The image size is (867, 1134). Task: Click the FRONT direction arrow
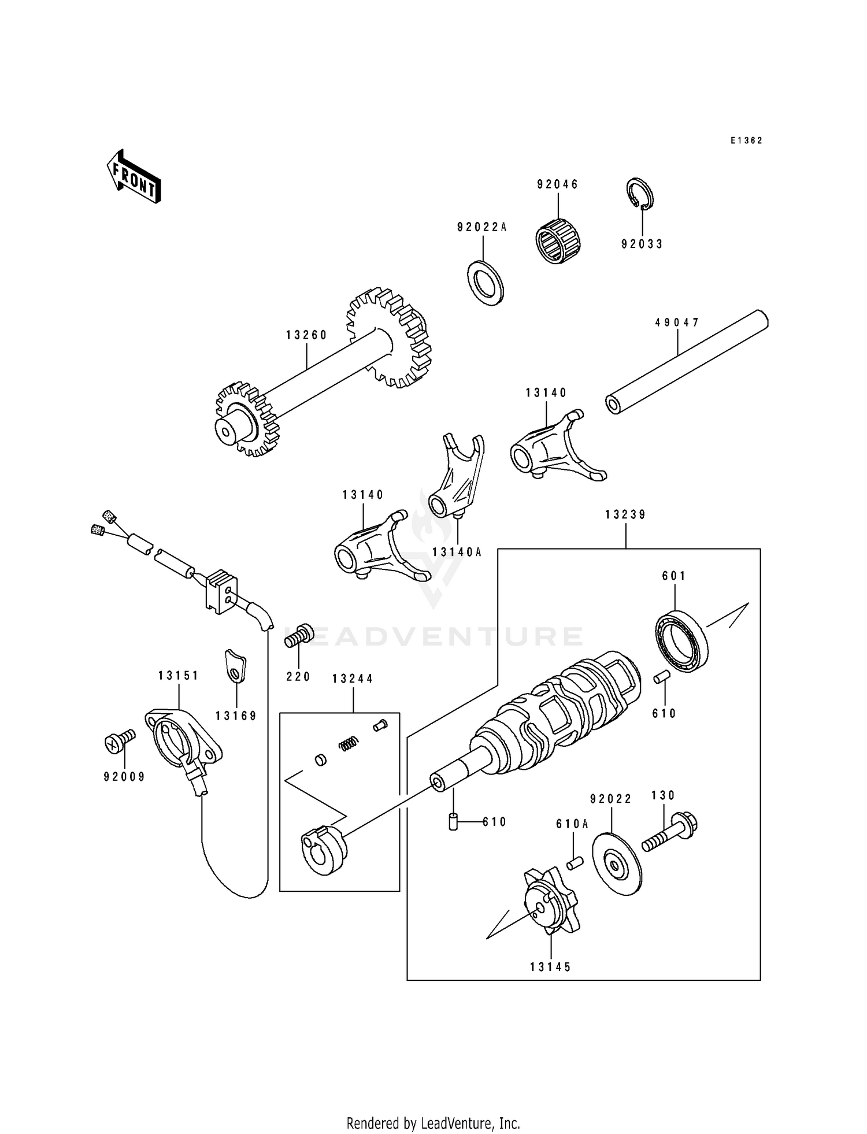133,176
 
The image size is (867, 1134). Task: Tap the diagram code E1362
746,140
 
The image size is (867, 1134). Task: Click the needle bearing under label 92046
558,242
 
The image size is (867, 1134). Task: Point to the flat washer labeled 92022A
486,283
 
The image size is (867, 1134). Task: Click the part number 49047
677,323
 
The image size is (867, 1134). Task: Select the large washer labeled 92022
617,864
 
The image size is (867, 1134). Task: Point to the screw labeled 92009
120,740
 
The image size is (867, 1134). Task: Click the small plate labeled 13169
235,666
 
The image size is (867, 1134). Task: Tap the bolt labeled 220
299,636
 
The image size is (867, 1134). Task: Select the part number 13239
625,514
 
